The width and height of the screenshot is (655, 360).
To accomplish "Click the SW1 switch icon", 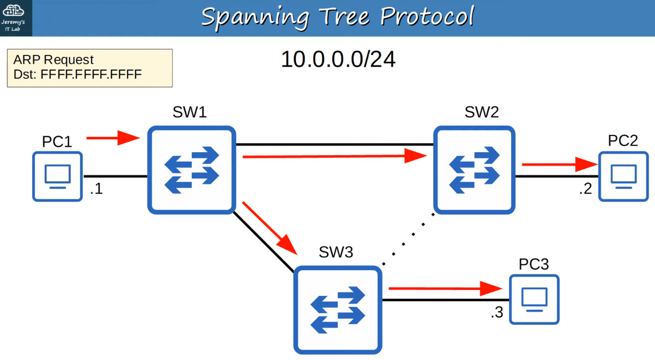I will click(x=192, y=170).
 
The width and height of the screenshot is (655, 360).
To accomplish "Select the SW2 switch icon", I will click(x=474, y=170).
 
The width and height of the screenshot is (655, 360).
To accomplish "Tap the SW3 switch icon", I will click(x=338, y=310).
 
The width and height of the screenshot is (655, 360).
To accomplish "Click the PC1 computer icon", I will click(x=57, y=176).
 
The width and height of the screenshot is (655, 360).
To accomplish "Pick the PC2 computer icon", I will click(x=623, y=176).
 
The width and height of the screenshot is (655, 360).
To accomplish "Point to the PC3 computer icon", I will click(x=534, y=299).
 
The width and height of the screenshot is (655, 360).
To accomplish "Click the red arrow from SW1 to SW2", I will click(x=334, y=156).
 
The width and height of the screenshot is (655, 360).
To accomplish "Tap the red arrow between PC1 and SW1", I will click(x=113, y=138).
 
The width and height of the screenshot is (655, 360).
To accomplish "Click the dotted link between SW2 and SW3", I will click(x=408, y=239).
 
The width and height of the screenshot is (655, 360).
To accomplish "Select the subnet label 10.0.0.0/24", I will click(x=338, y=60).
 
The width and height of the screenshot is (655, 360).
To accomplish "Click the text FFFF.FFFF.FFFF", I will click(x=91, y=75).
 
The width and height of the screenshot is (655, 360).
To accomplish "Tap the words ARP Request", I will click(x=53, y=60).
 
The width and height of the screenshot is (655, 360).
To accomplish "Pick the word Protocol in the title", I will click(x=427, y=17).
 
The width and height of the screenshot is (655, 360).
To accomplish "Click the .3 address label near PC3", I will click(x=497, y=312).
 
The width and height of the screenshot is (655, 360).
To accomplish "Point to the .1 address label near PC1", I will click(x=96, y=189).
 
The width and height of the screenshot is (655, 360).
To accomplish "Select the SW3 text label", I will click(x=336, y=252).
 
